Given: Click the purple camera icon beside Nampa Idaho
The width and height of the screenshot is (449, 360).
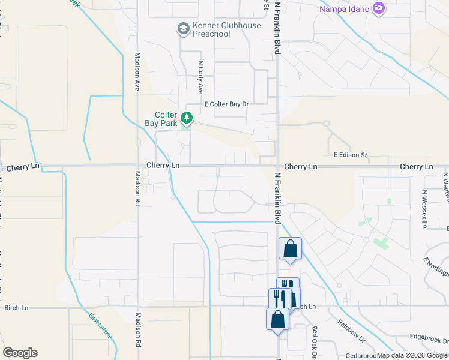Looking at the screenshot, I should click(378, 8).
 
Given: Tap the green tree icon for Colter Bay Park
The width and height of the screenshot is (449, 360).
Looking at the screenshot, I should click(187, 118).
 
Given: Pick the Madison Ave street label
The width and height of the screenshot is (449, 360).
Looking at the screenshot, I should click(137, 72).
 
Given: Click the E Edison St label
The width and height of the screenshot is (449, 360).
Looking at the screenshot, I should click(350, 155).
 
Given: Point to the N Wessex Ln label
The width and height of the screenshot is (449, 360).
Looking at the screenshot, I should click(424, 209).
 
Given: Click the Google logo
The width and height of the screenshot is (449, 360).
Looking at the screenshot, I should click(20, 353).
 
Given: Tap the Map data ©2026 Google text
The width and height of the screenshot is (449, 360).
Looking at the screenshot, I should click(412, 356).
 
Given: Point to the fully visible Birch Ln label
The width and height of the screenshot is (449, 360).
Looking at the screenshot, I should click(16, 308).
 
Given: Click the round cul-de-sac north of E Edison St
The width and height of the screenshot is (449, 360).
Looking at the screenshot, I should click(326, 124).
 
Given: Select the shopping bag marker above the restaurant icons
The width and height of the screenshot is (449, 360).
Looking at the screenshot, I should click(290, 248).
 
